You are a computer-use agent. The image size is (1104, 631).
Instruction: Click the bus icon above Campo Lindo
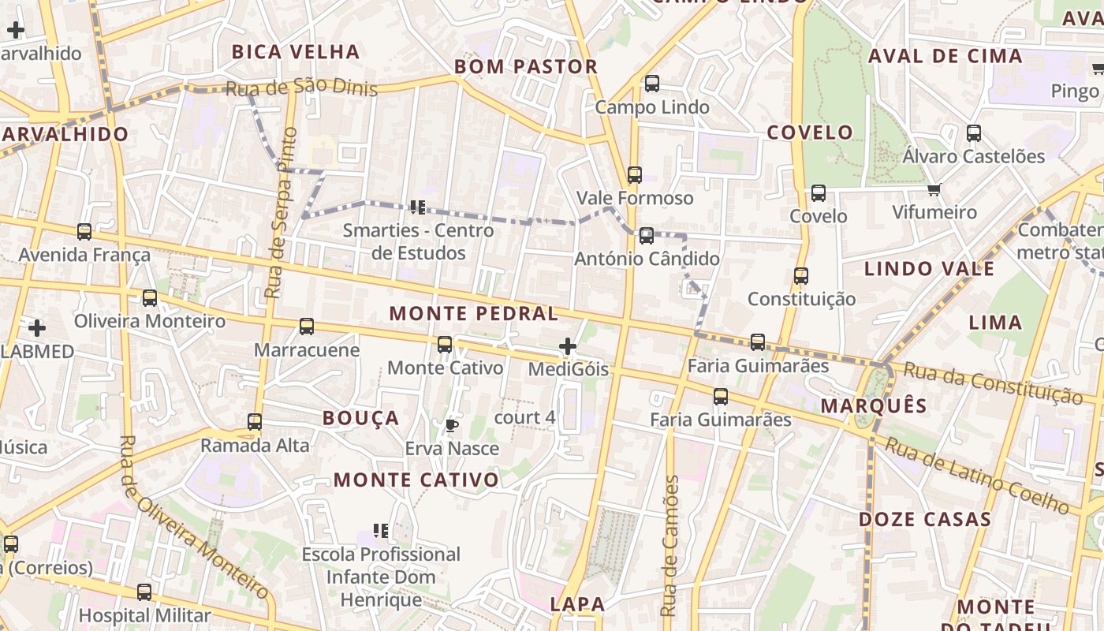(652, 84)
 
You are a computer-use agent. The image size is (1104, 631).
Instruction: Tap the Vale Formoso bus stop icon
(635, 175)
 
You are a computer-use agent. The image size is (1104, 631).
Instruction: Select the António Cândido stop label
(647, 259)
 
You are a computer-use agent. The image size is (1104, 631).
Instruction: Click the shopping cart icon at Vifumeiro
(934, 189)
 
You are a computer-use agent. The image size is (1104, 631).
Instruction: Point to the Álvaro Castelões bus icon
(974, 133)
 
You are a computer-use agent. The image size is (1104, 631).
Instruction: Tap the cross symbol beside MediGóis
(567, 346)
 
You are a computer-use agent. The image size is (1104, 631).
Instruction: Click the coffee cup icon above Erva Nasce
(451, 426)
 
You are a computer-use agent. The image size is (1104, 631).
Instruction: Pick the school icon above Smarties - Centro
(417, 207)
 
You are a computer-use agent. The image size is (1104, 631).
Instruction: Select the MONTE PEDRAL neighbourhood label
(473, 313)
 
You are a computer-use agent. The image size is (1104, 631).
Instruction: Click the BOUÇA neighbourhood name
(361, 418)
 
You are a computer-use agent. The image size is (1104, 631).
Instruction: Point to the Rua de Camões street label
(669, 546)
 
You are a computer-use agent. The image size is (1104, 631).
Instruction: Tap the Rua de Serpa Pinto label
(281, 213)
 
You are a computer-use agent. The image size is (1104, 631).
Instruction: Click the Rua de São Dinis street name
(301, 88)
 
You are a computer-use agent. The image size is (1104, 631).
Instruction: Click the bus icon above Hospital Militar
(144, 592)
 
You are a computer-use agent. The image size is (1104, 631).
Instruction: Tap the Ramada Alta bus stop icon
(255, 422)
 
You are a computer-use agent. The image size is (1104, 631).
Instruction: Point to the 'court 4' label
(524, 417)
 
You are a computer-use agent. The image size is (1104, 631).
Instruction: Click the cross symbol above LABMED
(37, 327)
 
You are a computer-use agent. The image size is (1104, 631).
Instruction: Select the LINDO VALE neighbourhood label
(929, 268)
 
